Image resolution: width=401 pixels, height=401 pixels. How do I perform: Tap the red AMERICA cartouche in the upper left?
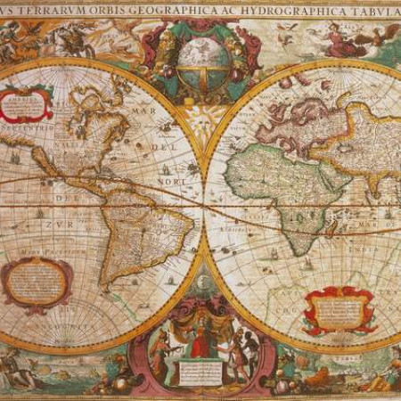[x=28, y=103]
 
